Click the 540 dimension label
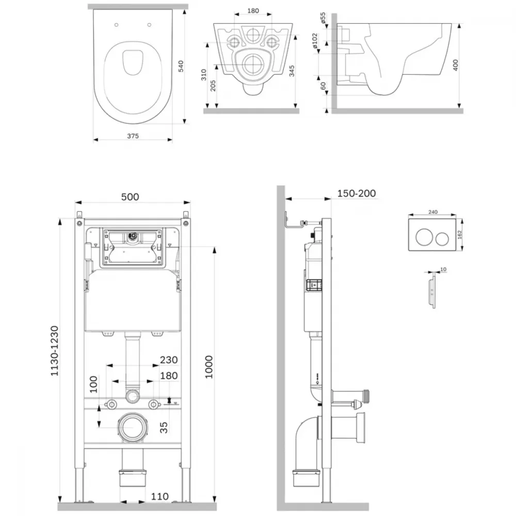(181, 66)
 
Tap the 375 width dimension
(133, 136)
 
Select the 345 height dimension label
(292, 71)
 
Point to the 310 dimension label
(204, 75)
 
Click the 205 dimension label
(213, 86)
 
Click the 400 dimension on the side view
(456, 65)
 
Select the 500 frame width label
(130, 197)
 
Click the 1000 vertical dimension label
(209, 367)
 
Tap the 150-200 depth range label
(357, 193)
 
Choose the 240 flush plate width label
(433, 212)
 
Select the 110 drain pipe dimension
(159, 496)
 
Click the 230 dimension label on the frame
(169, 360)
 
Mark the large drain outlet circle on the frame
(133, 427)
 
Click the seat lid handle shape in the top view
(133, 62)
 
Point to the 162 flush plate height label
(459, 234)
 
